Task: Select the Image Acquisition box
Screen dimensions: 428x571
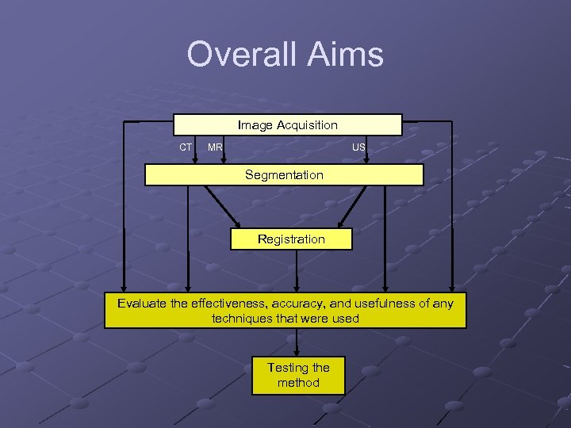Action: click(288, 125)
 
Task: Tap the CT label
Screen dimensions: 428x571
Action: click(186, 147)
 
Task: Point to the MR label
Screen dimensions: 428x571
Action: click(215, 147)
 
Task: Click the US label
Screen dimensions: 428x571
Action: click(359, 147)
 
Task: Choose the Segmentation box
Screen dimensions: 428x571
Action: click(284, 175)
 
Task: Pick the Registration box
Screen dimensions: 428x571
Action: click(291, 239)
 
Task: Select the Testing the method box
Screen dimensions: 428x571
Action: click(298, 375)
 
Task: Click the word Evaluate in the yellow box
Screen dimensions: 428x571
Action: click(144, 303)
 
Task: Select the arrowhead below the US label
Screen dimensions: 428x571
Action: click(366, 160)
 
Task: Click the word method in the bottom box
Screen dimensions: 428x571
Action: click(298, 383)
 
